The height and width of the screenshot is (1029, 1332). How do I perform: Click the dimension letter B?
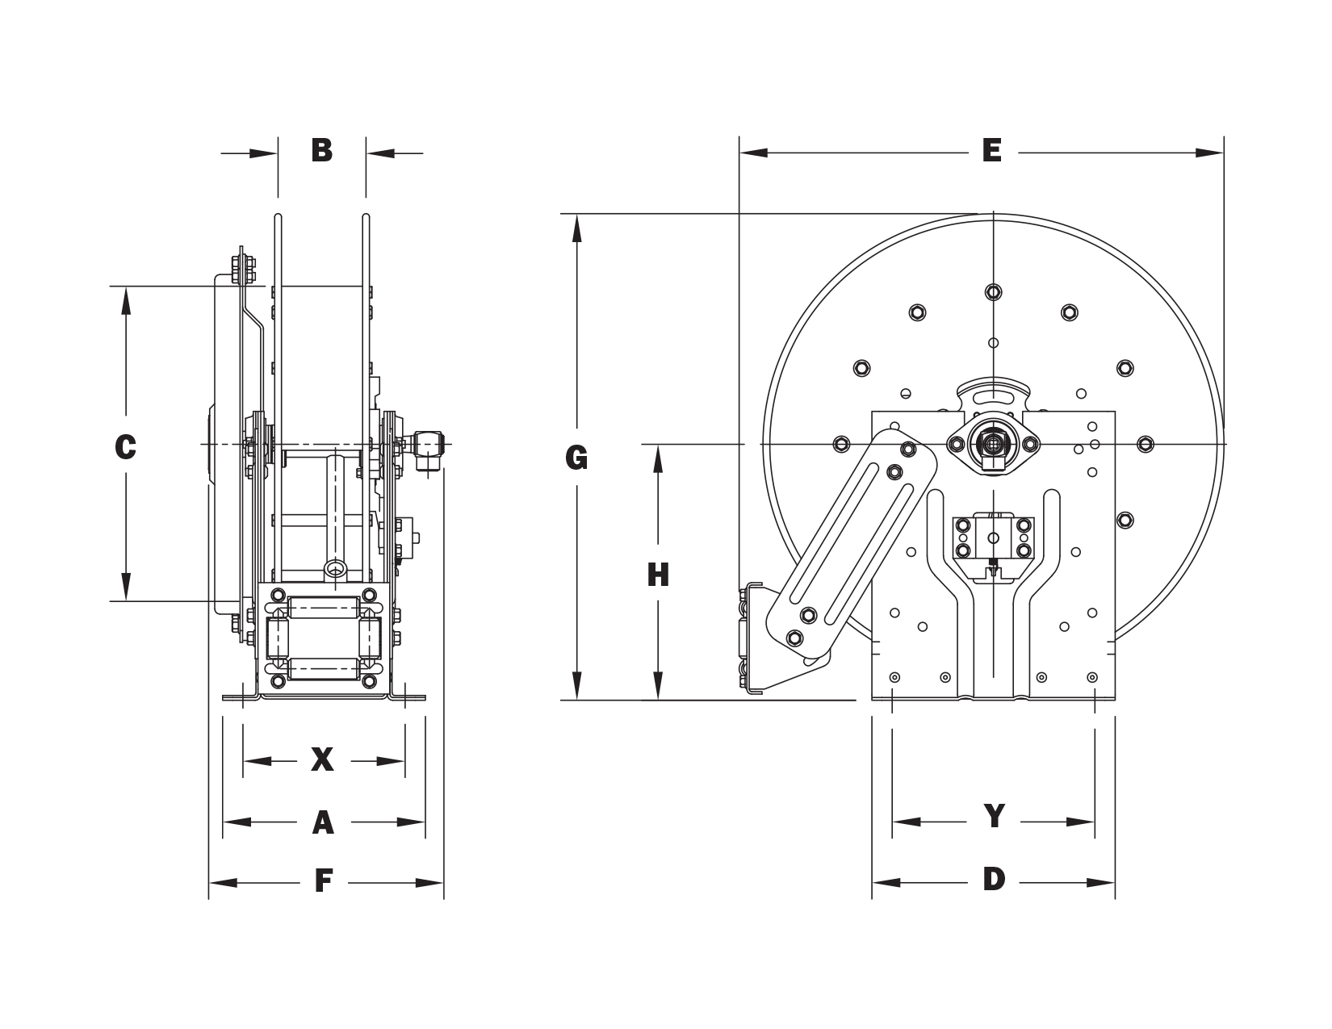[322, 151]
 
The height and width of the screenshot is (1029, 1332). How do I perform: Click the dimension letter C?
[125, 446]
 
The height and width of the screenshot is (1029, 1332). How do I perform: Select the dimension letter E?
[991, 151]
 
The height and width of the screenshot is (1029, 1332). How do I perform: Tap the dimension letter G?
[576, 458]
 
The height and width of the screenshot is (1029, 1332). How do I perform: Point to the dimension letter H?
[658, 575]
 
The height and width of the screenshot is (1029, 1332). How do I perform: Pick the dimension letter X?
[322, 759]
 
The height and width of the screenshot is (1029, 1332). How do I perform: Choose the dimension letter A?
[323, 822]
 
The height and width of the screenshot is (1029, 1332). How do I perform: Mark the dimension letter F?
[323, 883]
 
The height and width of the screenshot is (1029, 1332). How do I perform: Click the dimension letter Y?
[994, 817]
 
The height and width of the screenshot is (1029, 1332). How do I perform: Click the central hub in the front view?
[993, 442]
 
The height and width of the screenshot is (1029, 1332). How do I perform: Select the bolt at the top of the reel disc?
[993, 292]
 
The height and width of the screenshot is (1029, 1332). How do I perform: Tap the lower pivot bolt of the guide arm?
[794, 638]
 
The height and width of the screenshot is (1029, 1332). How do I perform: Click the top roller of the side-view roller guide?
[323, 605]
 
